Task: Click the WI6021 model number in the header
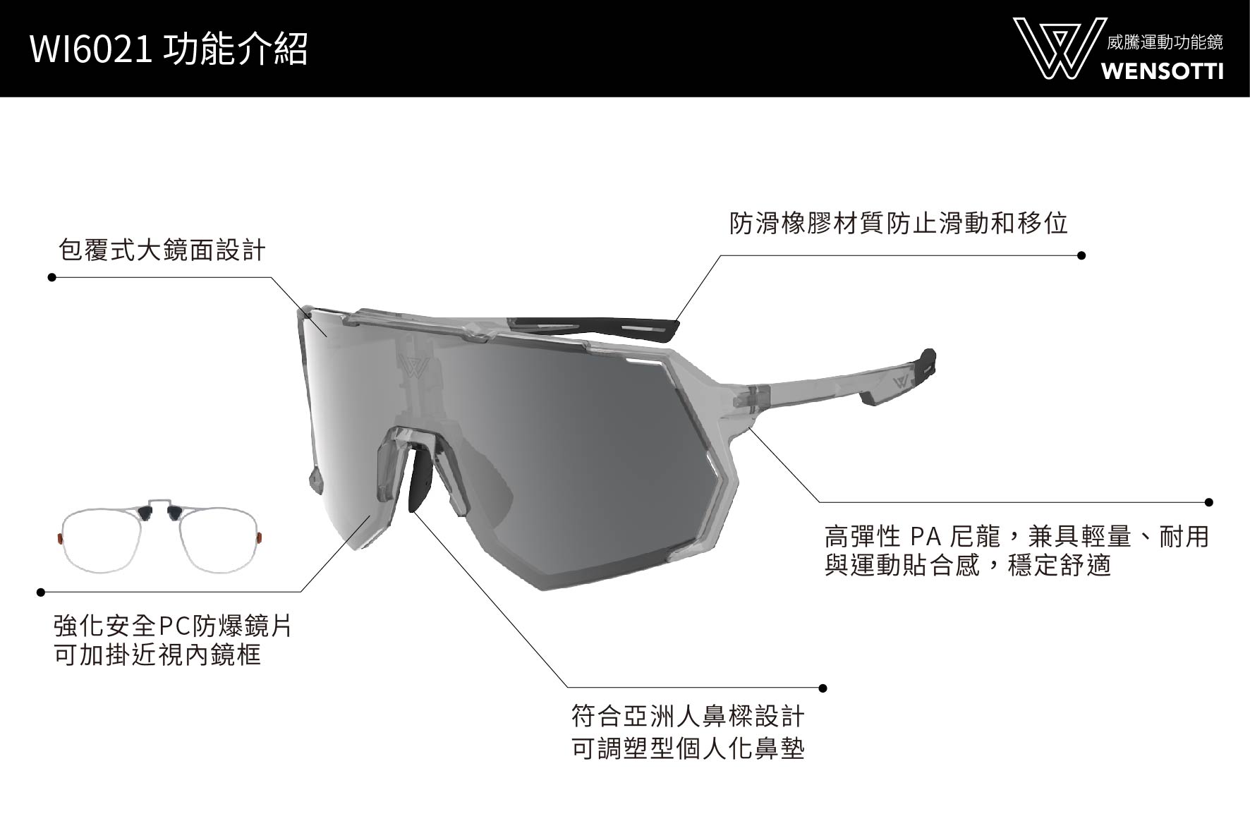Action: [x=91, y=50]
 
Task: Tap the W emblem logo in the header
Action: [x=1055, y=48]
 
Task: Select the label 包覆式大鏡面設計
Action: [x=162, y=250]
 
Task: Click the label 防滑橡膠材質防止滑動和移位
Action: [x=899, y=224]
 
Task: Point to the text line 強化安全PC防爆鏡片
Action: [x=173, y=626]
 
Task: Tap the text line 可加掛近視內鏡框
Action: [x=157, y=655]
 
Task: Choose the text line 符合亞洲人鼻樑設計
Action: [x=688, y=717]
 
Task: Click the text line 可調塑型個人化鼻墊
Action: [x=688, y=748]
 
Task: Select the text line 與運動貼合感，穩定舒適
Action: [x=968, y=566]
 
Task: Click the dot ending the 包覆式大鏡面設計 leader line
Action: [x=51, y=277]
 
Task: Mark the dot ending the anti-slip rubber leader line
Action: [x=1081, y=255]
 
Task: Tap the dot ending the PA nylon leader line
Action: [x=1209, y=502]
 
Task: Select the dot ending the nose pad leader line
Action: [x=823, y=688]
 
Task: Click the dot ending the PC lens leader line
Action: [x=41, y=592]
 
